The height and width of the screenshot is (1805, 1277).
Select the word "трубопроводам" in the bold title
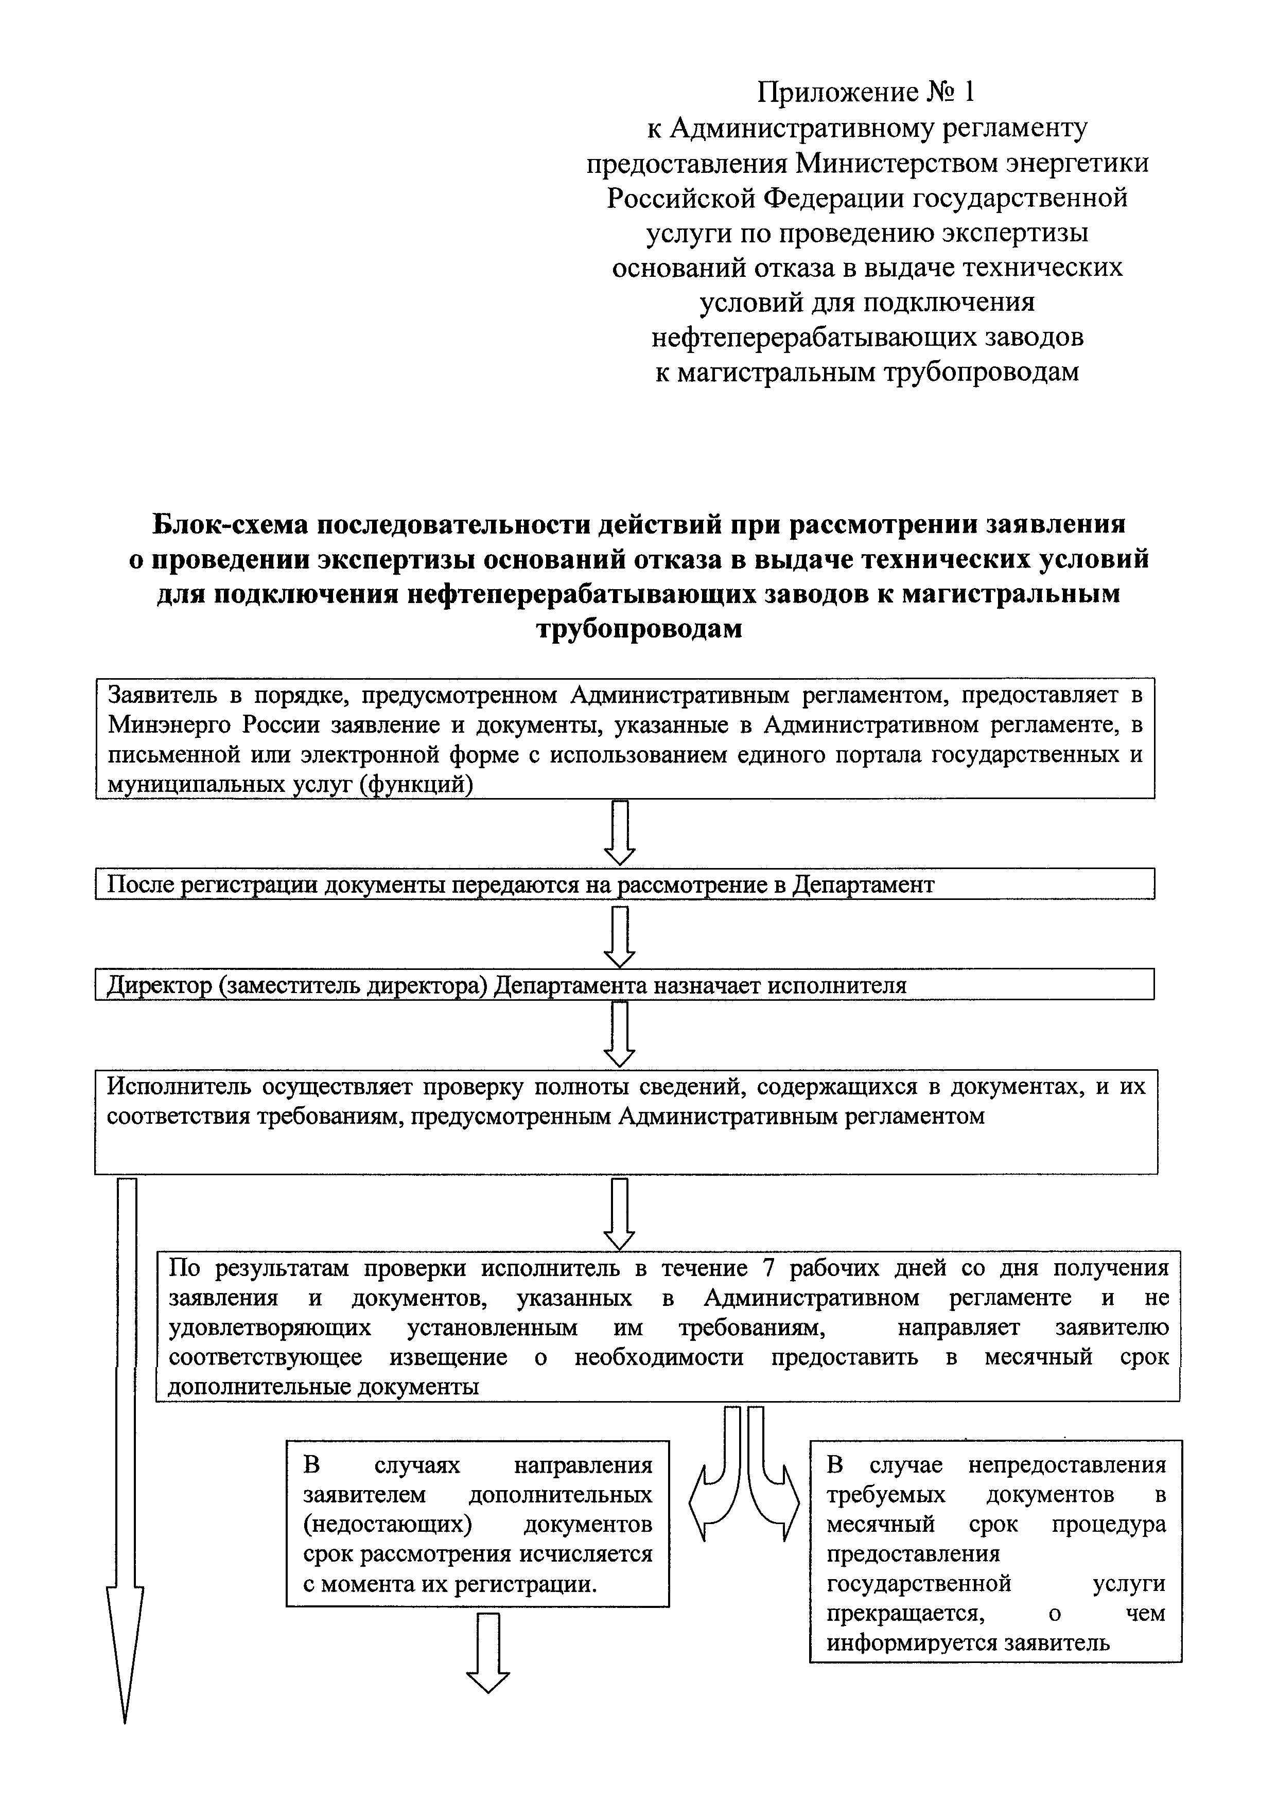(638, 630)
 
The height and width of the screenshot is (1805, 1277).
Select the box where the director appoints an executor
(624, 985)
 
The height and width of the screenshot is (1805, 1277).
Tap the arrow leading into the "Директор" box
(620, 935)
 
